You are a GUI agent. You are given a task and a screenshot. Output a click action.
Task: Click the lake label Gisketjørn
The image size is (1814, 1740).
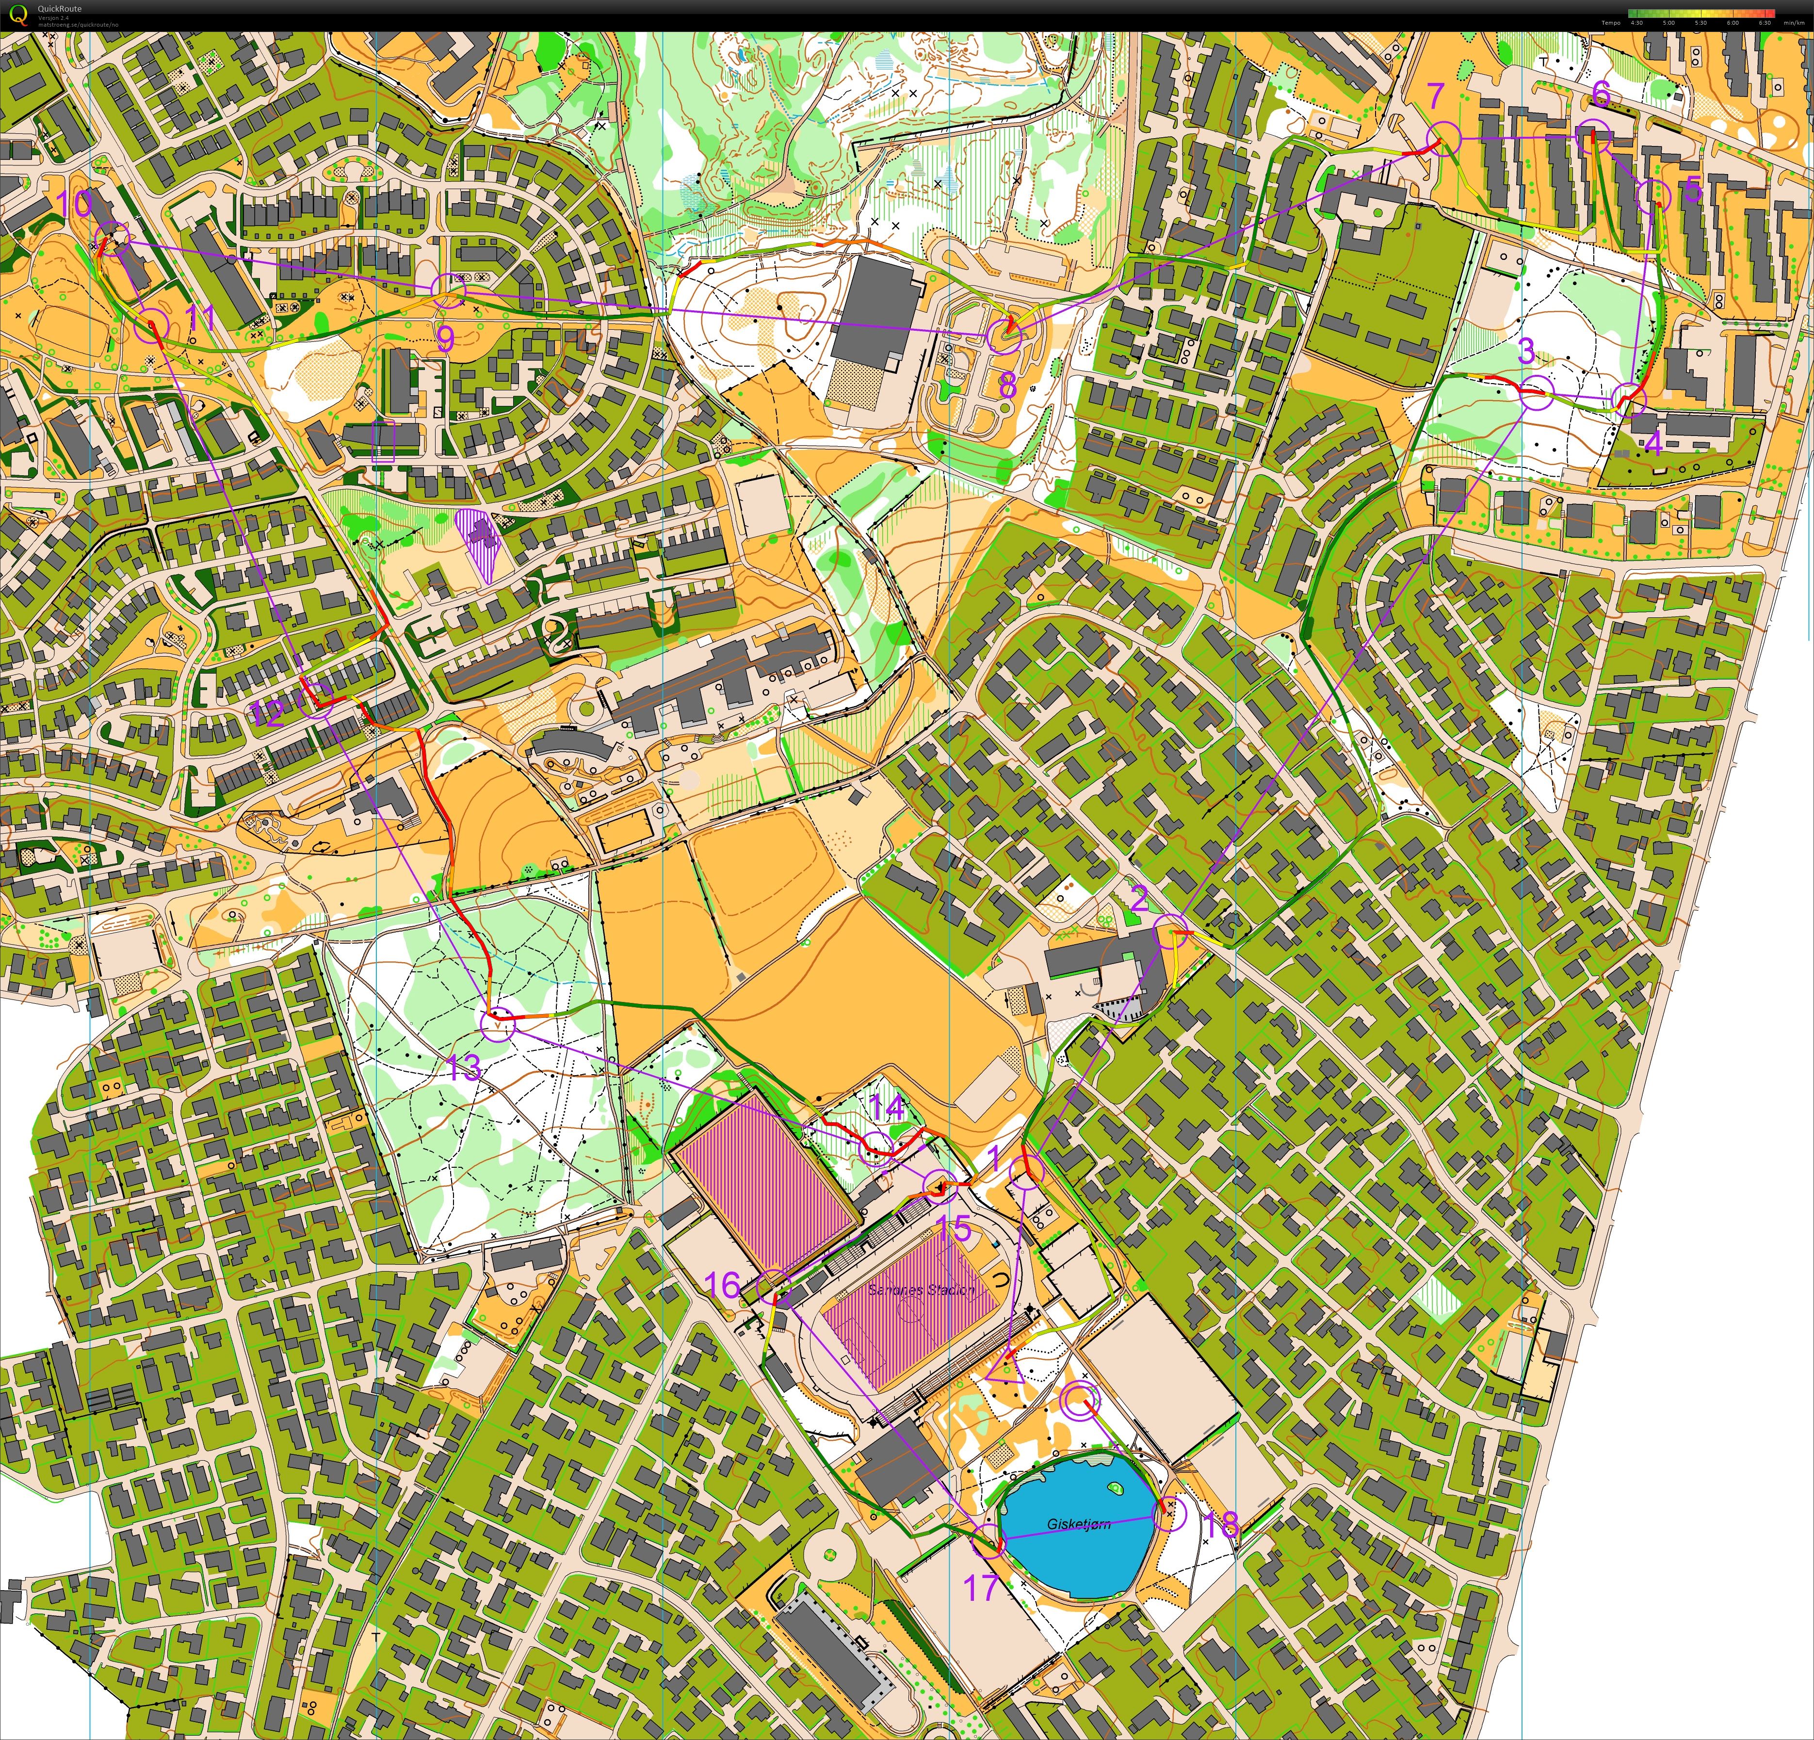1078,1524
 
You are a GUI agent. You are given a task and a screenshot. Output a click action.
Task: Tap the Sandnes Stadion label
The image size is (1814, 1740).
921,1289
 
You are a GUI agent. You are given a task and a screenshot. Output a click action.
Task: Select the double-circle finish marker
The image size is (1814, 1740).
1078,1402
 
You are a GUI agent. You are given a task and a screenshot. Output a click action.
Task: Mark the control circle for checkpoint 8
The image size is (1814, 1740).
1004,335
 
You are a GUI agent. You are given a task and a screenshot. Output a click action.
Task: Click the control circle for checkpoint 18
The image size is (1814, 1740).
1170,1513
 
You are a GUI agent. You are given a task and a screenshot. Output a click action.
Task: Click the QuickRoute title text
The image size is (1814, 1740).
59,8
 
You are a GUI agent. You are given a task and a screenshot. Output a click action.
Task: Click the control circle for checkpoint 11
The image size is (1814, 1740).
152,325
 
